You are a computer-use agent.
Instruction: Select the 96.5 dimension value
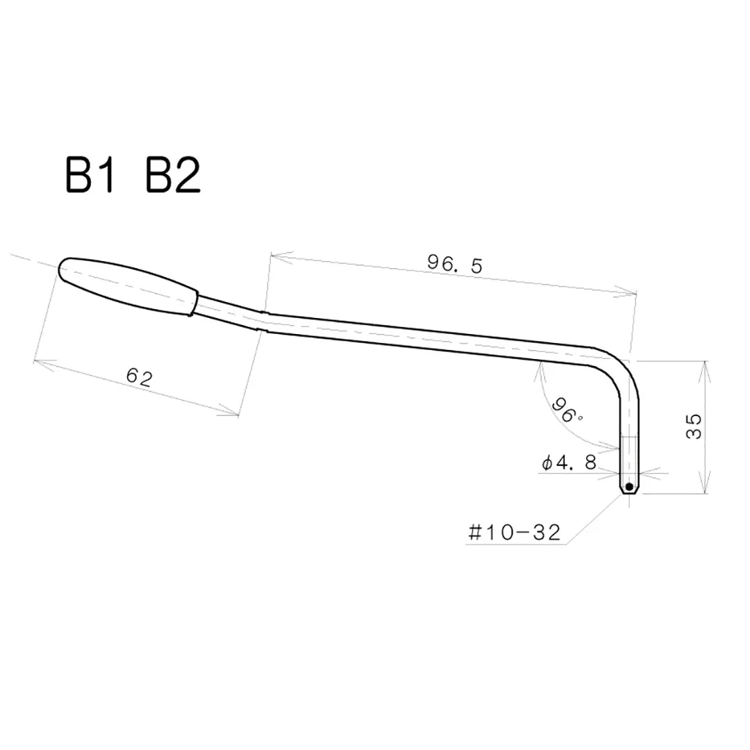click(454, 264)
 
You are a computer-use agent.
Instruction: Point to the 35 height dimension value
click(693, 426)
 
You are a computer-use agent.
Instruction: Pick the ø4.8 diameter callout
click(569, 463)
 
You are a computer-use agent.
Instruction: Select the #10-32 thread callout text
click(515, 533)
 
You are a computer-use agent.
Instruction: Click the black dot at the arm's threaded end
click(628, 487)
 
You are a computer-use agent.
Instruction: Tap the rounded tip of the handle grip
click(64, 267)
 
